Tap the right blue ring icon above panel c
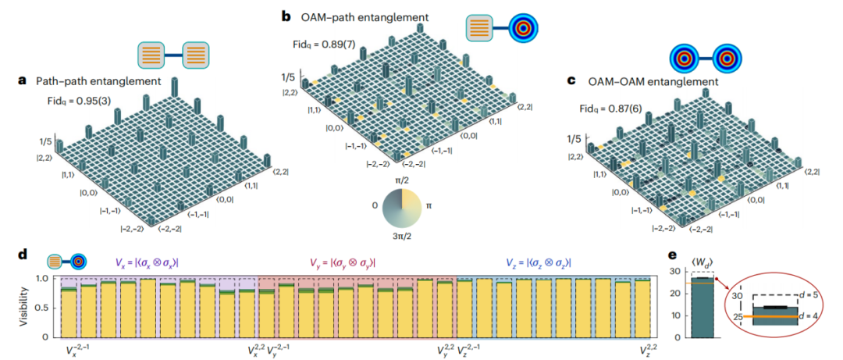tap(733, 59)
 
